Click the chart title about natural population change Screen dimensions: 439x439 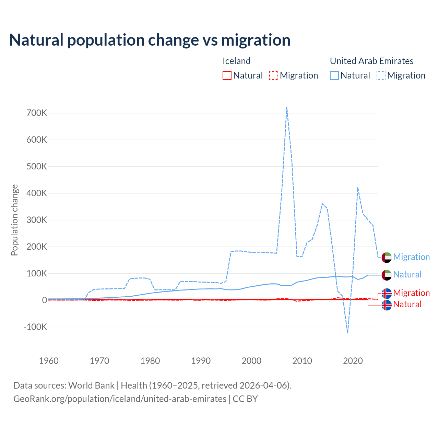coord(150,40)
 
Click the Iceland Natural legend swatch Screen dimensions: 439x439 coord(227,75)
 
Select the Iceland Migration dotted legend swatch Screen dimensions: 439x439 coord(274,75)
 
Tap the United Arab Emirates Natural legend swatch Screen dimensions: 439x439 coord(334,75)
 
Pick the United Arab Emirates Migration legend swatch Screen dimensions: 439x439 coord(381,75)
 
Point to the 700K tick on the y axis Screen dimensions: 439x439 coord(37,113)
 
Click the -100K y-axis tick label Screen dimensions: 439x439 coord(35,327)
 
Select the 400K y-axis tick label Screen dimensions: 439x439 coord(37,193)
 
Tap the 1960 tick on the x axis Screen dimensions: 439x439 coord(49,361)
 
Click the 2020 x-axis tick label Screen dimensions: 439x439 coord(353,361)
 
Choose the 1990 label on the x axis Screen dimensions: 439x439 coord(201,361)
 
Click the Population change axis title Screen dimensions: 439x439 coord(14,220)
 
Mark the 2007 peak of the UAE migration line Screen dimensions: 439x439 coord(287,107)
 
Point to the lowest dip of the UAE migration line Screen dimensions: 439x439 coord(348,333)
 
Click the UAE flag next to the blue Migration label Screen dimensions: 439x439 coord(387,257)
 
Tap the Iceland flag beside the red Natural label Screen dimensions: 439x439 coord(387,305)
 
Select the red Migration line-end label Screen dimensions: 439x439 coord(411,293)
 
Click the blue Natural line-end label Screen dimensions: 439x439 coord(407,275)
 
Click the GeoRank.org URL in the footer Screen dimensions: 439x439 coord(120,399)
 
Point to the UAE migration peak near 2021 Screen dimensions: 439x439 coord(358,188)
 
